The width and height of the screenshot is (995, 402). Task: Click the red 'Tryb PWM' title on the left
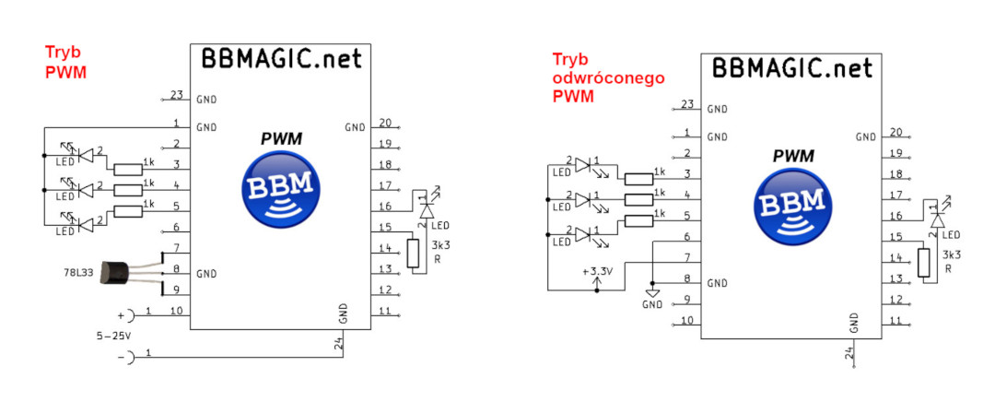point(65,62)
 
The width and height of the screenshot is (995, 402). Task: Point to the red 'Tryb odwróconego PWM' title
point(608,78)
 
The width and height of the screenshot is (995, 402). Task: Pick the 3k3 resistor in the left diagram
point(413,253)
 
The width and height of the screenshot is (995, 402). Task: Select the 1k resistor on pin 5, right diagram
point(638,220)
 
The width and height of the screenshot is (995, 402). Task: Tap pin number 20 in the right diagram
point(895,132)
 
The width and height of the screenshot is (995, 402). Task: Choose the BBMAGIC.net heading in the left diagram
point(282,58)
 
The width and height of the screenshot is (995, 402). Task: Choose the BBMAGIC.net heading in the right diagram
point(792,67)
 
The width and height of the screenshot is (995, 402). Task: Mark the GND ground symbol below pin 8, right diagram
point(652,294)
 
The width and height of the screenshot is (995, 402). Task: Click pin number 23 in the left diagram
point(176,95)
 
